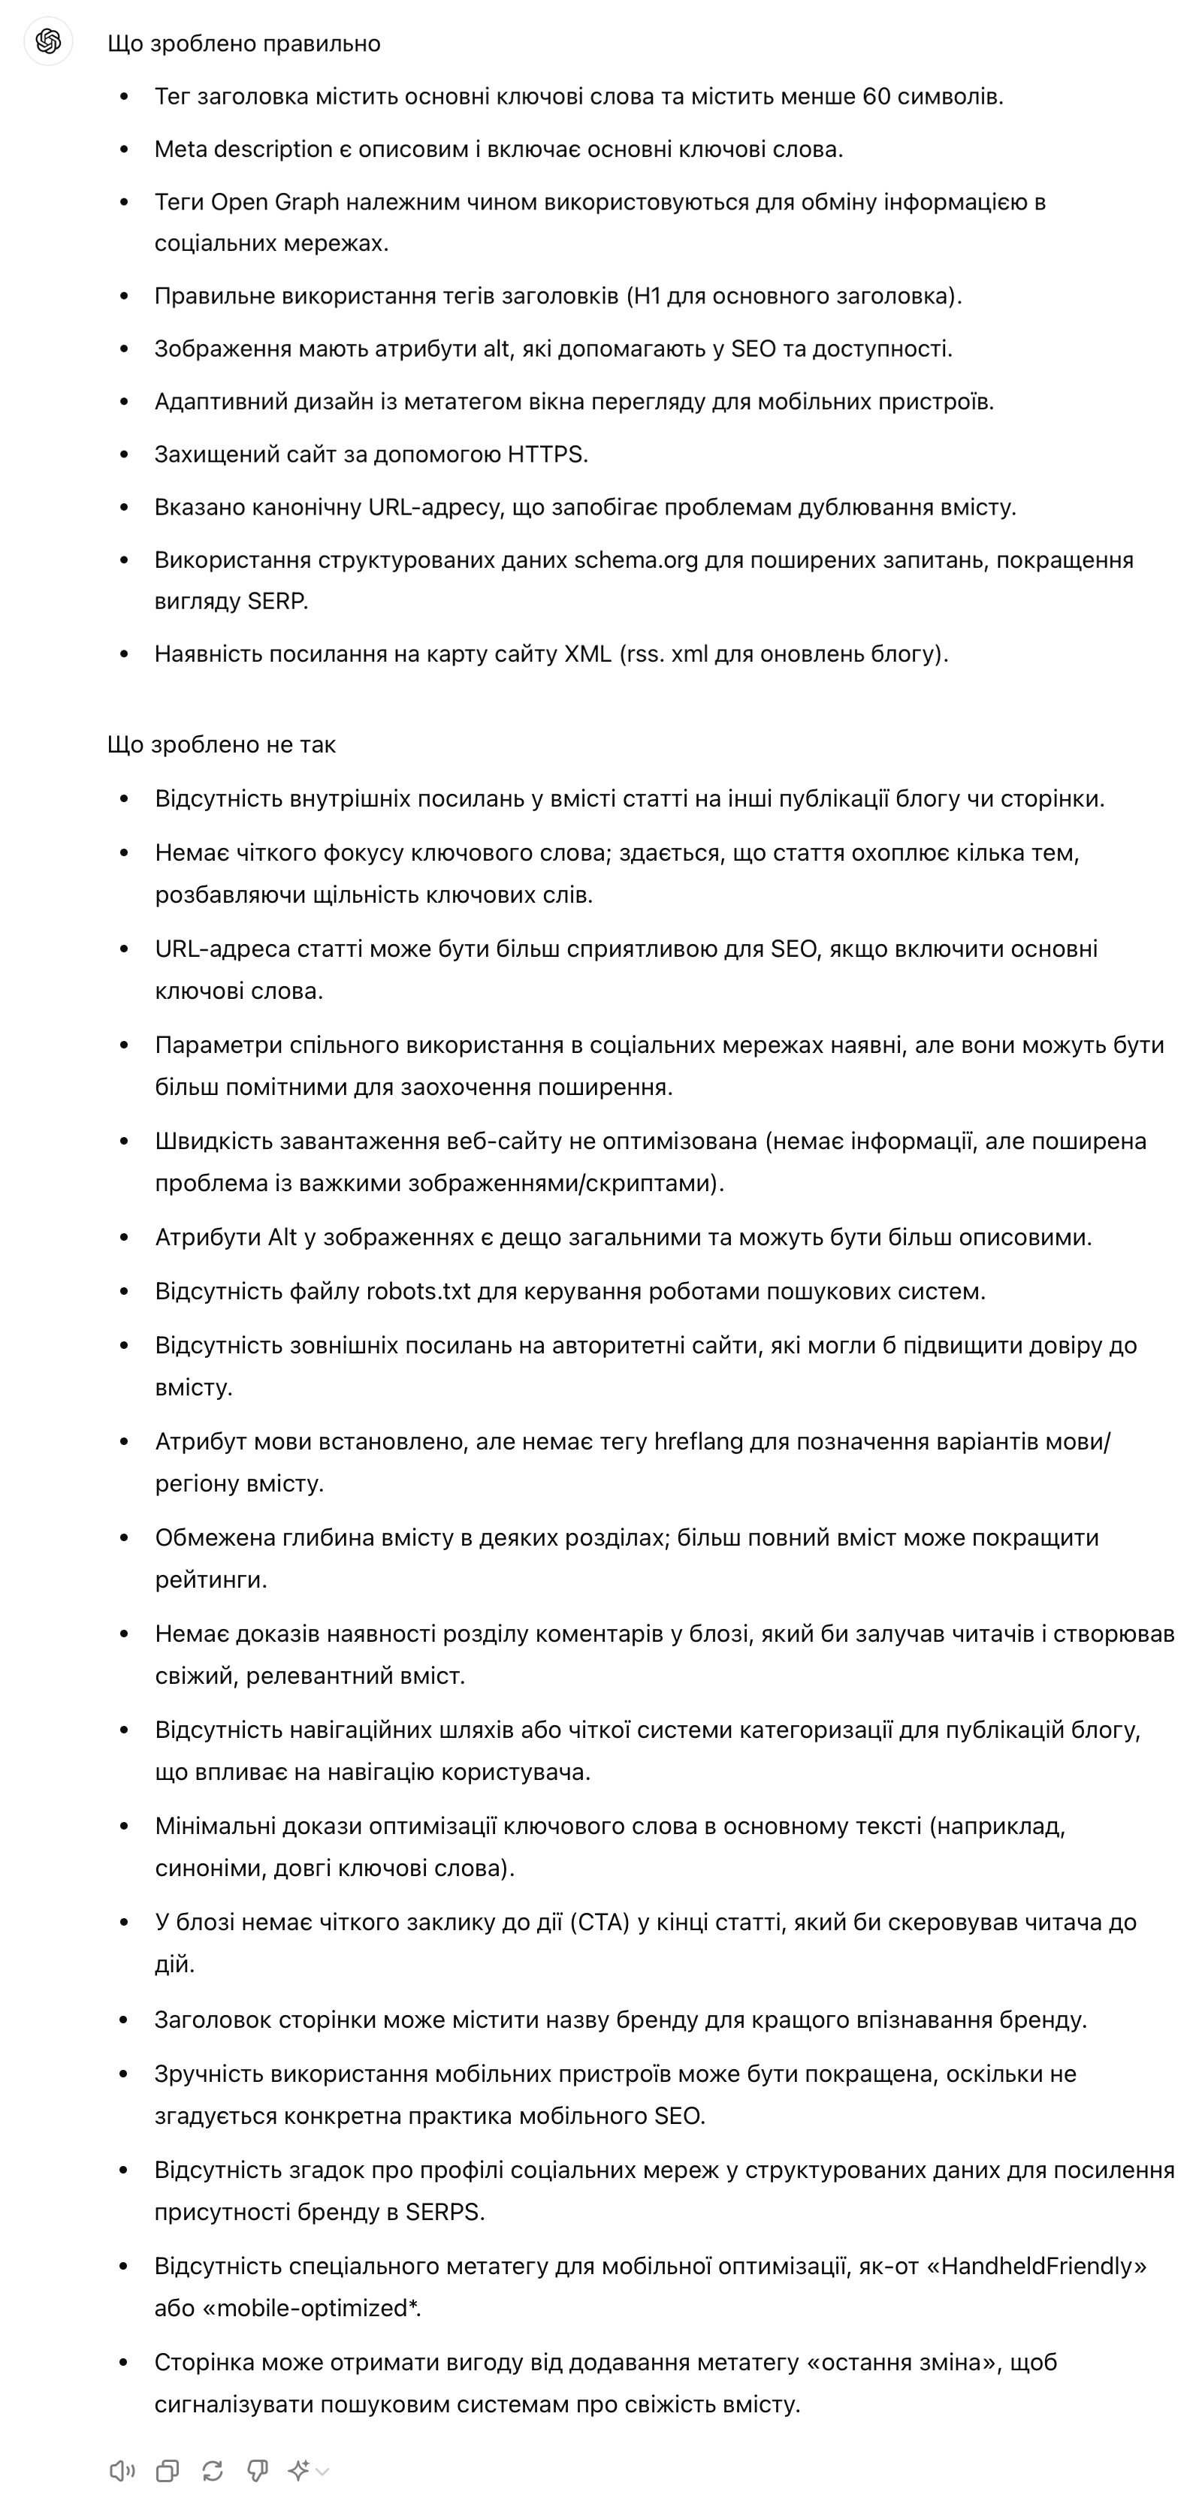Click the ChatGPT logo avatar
(x=48, y=41)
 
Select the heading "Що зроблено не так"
(x=221, y=745)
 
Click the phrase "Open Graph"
(x=275, y=203)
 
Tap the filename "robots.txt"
(x=418, y=1292)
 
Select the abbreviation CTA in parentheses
(x=599, y=1923)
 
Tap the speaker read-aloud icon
(x=122, y=2471)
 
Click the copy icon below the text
(x=168, y=2471)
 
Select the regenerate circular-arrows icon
(x=213, y=2471)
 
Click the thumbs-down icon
(x=257, y=2471)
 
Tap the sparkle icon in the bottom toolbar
(x=299, y=2471)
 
